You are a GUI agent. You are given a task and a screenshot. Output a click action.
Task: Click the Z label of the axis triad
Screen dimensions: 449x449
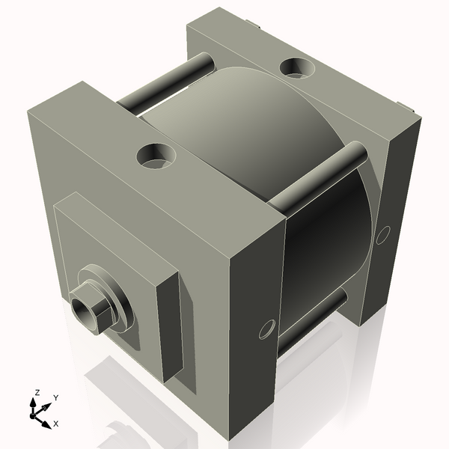point(37,393)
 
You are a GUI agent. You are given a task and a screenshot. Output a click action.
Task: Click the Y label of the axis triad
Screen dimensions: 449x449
point(56,398)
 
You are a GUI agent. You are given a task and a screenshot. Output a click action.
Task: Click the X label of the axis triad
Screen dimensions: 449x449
point(56,424)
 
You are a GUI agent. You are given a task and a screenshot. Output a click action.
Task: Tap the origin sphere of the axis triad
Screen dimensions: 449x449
point(33,416)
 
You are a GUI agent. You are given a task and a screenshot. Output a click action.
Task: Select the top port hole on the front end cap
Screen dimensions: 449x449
point(156,156)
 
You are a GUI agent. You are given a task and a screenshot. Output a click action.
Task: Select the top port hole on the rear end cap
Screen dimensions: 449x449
point(298,68)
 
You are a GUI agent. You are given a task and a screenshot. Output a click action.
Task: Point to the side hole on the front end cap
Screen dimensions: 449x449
point(267,329)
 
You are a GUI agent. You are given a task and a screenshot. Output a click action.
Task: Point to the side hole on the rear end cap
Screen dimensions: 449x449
point(383,235)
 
